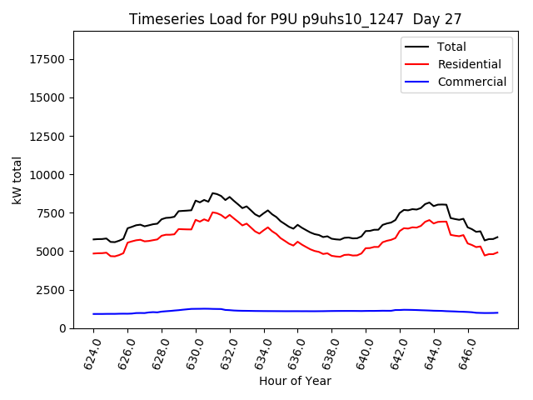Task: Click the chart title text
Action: point(295,18)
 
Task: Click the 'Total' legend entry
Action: point(451,47)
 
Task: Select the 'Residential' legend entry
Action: point(469,64)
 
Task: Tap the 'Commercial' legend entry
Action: point(471,82)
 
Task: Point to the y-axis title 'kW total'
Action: point(17,180)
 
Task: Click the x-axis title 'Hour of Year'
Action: point(295,382)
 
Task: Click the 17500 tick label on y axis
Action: point(47,59)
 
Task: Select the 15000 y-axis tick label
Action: point(47,97)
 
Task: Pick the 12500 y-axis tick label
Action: point(47,136)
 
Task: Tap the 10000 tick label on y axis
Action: point(47,174)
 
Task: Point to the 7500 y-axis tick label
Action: point(51,213)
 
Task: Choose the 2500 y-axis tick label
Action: point(51,290)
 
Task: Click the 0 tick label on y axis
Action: point(63,328)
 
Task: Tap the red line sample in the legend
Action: point(416,64)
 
